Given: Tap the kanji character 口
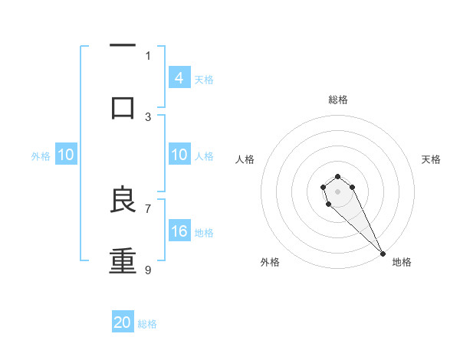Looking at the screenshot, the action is [123, 107].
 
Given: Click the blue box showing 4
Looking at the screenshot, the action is [179, 78].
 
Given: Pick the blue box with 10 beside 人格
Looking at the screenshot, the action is [179, 155].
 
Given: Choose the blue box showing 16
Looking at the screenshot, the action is [179, 231].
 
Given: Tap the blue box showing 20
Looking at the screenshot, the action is [123, 322].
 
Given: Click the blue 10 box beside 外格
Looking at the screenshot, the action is [66, 155].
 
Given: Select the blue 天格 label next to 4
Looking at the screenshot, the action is [204, 79].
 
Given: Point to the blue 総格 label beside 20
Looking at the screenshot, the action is [147, 323].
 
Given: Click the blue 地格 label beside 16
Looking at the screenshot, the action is [204, 232].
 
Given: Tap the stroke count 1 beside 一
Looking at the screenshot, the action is [148, 55].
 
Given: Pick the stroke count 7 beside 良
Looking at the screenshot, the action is [148, 208].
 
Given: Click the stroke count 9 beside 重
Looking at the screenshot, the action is [148, 270].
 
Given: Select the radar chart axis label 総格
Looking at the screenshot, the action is [338, 100].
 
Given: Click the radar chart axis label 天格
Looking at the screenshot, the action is [431, 159].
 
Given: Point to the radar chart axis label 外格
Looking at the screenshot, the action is [269, 262].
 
